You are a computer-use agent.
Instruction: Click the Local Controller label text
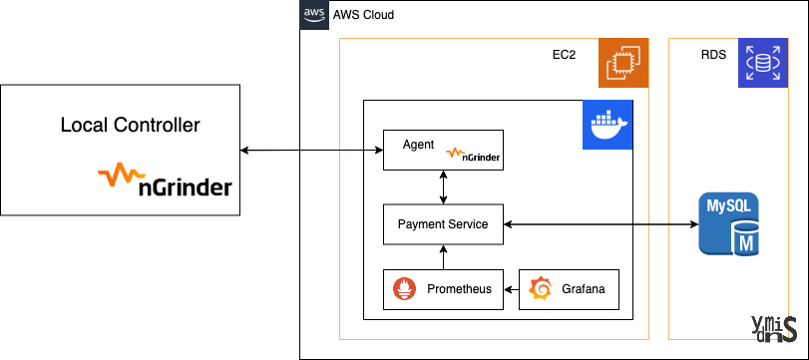coord(130,126)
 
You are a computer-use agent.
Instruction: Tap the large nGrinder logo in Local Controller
coord(165,180)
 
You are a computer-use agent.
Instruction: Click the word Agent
coord(418,145)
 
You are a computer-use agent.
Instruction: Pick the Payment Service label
coord(443,224)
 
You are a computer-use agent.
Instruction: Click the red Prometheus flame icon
coord(404,289)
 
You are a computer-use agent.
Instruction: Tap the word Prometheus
coord(459,289)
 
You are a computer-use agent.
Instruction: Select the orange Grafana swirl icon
coord(540,289)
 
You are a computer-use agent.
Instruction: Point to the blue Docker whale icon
coord(607,125)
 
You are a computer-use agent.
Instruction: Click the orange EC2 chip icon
coord(623,63)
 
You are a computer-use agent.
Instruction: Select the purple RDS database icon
coord(763,63)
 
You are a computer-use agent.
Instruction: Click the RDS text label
coord(713,55)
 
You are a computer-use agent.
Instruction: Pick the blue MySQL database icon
coord(729,223)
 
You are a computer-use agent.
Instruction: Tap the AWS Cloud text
coord(363,14)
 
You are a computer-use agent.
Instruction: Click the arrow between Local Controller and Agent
coord(311,151)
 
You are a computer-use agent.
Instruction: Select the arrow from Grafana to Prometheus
coord(511,289)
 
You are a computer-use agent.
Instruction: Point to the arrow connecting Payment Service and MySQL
coord(602,224)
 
